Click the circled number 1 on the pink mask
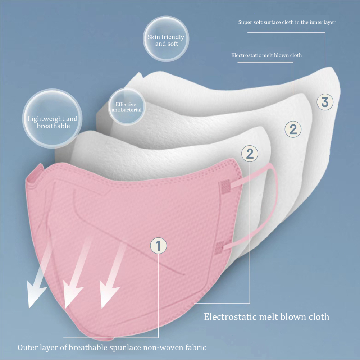pos(158,246)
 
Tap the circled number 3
pos(325,102)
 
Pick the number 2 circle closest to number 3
pos(293,129)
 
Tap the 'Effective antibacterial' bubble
pos(126,107)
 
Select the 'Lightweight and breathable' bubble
pos(53,122)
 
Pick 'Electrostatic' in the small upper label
pos(244,55)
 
